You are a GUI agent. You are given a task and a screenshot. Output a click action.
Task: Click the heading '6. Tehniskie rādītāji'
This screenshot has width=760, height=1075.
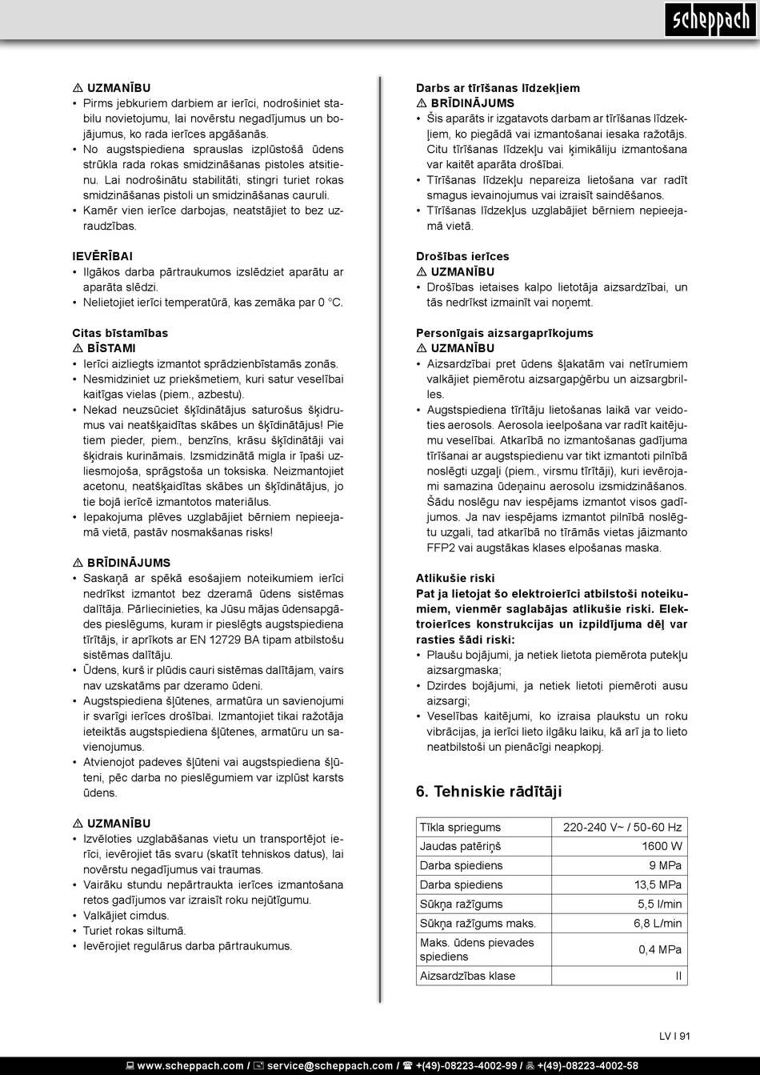coord(489,792)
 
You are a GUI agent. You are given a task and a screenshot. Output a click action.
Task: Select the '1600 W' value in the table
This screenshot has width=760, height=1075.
coord(662,846)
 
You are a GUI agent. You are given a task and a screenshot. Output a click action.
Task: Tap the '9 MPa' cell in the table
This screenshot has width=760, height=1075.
coord(665,865)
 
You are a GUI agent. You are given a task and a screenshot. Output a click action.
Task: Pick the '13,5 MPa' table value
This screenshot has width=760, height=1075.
coord(658,884)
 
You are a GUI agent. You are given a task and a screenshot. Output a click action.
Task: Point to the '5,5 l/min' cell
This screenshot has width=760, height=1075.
coord(659,904)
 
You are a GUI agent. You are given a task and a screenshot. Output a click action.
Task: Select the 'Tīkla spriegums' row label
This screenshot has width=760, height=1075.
coord(460,827)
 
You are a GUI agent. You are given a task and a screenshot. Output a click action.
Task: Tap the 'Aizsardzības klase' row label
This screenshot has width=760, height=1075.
coord(467,976)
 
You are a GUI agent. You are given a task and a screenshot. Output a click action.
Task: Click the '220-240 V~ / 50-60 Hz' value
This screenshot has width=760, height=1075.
coord(622,827)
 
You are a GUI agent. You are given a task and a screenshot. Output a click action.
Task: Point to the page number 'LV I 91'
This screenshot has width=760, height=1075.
coord(674,1036)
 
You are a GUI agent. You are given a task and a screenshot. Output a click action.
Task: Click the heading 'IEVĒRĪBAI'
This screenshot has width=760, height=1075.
coord(102,256)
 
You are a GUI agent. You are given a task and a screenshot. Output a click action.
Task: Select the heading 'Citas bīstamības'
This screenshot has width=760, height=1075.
coord(120,333)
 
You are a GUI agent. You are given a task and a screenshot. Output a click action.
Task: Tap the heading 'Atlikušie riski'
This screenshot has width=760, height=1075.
coord(455,578)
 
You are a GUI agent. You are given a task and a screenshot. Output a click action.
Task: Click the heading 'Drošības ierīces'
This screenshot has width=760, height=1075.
coord(462,256)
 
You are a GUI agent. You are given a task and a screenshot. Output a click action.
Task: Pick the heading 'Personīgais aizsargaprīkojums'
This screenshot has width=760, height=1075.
coord(504,333)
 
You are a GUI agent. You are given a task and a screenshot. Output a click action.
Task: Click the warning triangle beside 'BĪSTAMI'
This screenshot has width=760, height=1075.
coord(78,348)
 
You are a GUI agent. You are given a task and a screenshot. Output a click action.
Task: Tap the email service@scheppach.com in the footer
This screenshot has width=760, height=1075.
coord(329,1065)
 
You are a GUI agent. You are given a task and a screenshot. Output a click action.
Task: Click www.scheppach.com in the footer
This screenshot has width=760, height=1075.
coord(190,1065)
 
